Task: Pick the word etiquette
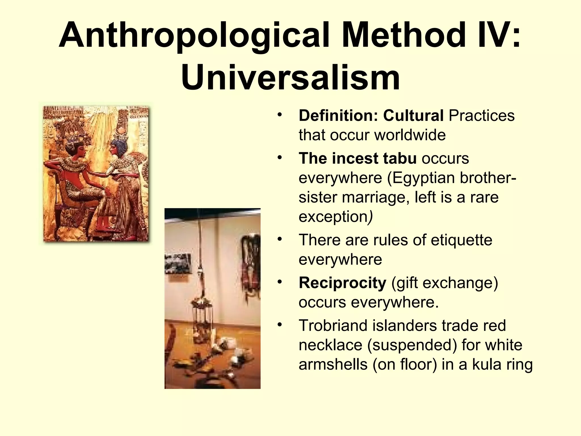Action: pyautogui.click(x=461, y=240)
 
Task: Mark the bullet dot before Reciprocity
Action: pyautogui.click(x=280, y=282)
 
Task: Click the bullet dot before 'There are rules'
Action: pyautogui.click(x=280, y=239)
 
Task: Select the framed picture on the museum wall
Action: pyautogui.click(x=178, y=263)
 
